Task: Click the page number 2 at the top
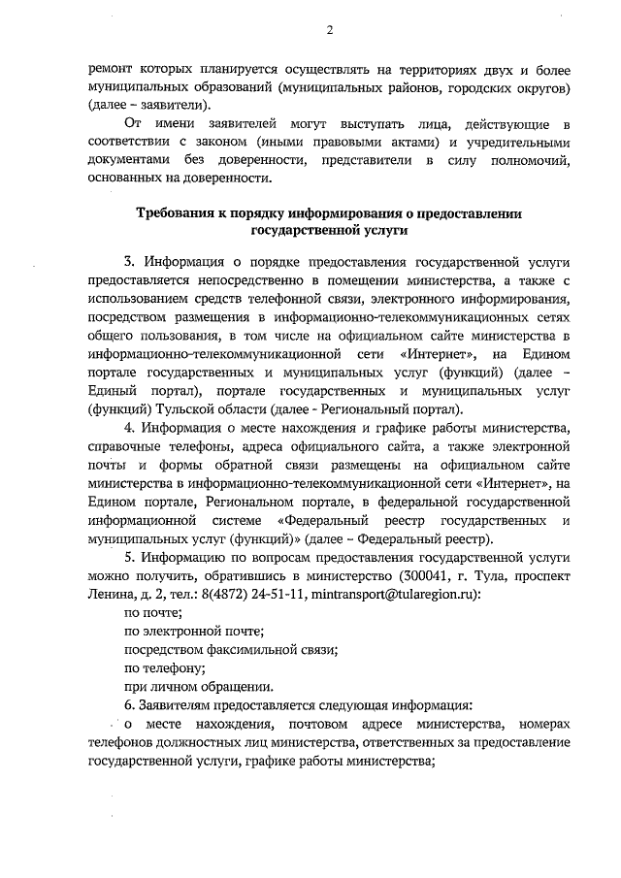(x=329, y=29)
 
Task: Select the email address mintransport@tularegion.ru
(x=391, y=593)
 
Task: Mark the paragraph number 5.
(x=129, y=557)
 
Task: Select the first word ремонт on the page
(x=109, y=69)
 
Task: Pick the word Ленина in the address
(x=109, y=593)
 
